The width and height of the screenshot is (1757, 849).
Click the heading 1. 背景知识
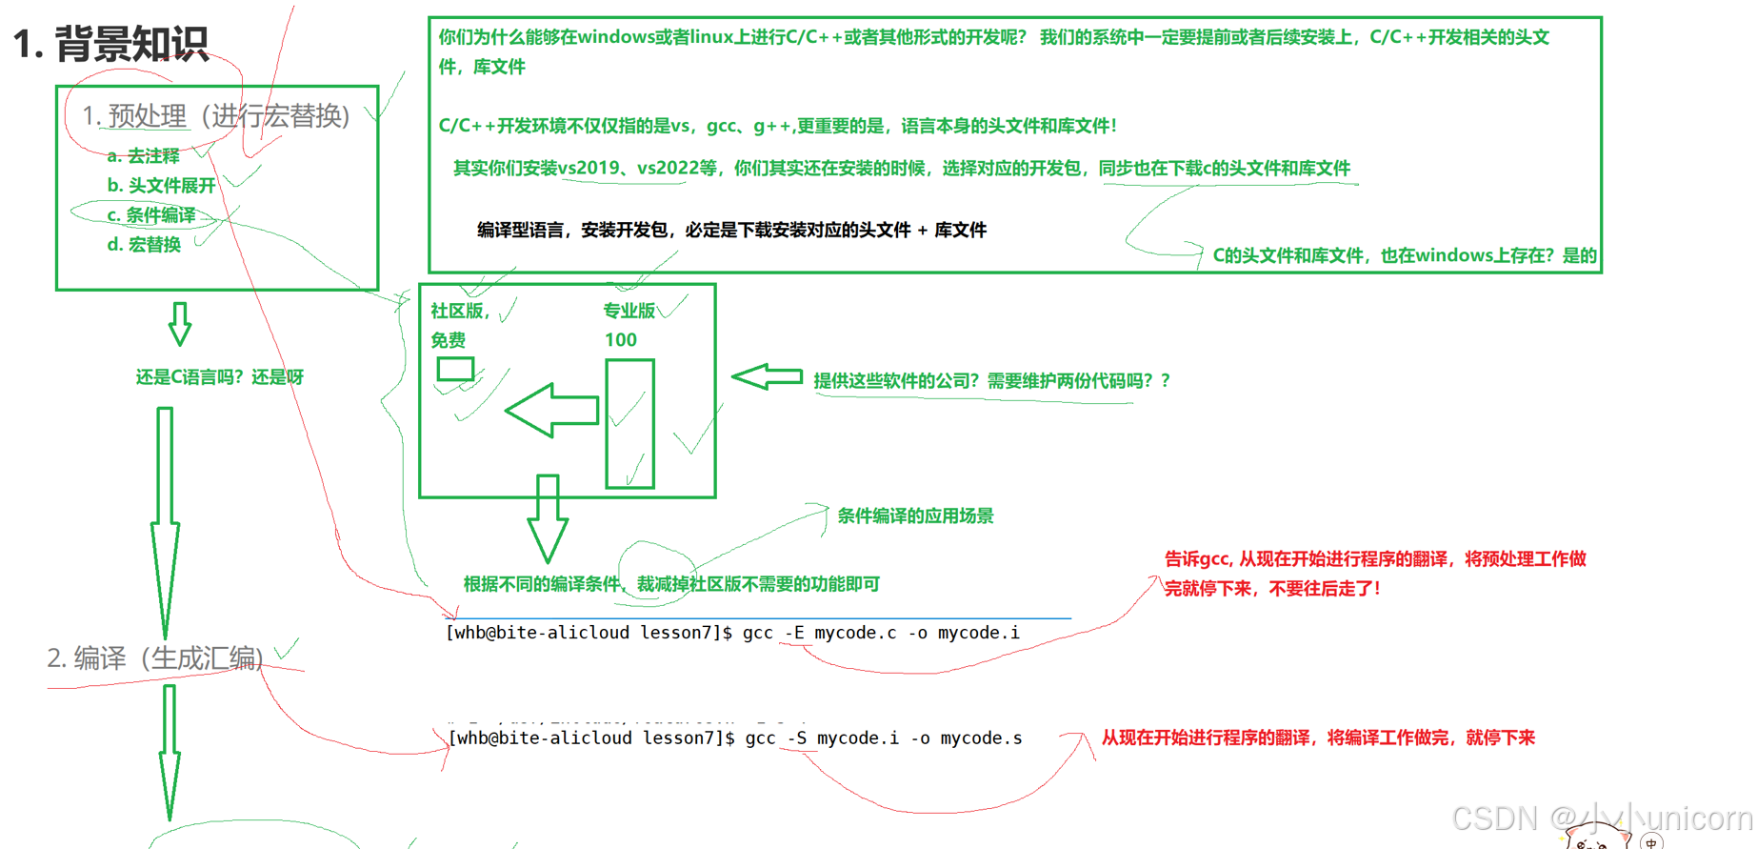click(110, 44)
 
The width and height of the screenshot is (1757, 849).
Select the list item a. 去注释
click(143, 156)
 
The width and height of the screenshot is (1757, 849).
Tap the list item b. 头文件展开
click(161, 186)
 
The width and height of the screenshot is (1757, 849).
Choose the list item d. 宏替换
click(144, 245)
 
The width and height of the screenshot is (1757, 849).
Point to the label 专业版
click(629, 311)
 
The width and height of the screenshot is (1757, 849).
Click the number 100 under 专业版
click(620, 340)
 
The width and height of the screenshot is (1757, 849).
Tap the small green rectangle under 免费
click(455, 369)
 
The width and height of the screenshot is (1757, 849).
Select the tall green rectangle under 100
click(629, 424)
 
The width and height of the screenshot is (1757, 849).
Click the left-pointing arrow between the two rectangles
click(552, 411)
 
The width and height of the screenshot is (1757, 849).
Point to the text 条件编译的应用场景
click(914, 516)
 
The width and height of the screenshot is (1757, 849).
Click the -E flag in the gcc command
click(794, 634)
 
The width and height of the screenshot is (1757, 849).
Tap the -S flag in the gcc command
click(797, 738)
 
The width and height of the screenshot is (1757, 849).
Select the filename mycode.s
click(981, 738)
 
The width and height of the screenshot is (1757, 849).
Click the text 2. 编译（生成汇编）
click(155, 658)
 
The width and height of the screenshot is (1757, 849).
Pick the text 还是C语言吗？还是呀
click(219, 377)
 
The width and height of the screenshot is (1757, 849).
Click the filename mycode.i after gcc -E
click(978, 634)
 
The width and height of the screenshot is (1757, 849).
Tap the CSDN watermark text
click(1600, 818)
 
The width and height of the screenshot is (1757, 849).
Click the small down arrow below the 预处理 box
click(179, 325)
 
